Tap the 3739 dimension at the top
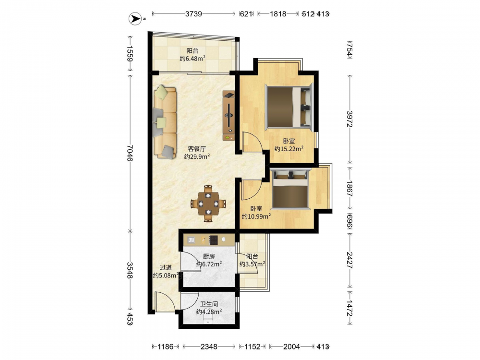[193, 14]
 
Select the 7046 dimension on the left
[130, 153]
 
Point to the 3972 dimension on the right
[350, 119]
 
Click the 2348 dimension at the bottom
[209, 347]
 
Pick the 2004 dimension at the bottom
[291, 347]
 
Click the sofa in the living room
[165, 122]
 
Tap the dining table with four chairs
[208, 203]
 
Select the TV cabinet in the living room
[228, 115]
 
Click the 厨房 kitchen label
[209, 256]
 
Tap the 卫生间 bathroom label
[209, 304]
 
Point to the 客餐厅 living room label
[197, 149]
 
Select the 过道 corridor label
[166, 268]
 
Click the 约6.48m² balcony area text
[192, 59]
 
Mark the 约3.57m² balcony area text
[252, 264]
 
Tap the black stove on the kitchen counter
[214, 240]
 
